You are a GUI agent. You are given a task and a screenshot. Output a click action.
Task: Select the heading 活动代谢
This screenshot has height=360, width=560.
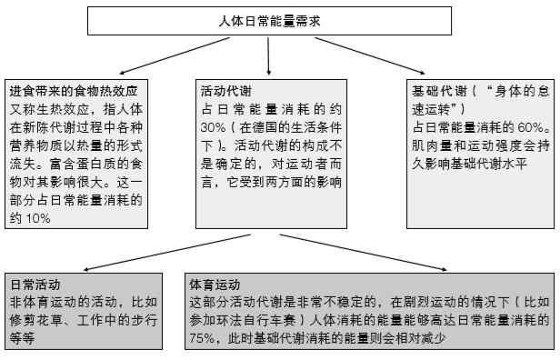(x=223, y=91)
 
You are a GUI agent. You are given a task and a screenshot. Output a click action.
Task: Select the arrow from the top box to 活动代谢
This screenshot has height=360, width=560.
(x=269, y=57)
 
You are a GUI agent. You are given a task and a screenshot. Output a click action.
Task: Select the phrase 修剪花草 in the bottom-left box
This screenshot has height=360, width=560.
(x=34, y=319)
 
